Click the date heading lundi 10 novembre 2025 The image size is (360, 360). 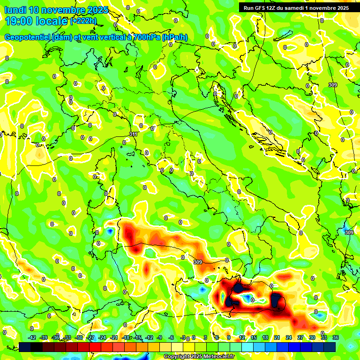pos(56,10)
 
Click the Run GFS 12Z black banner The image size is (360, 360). pos(296,7)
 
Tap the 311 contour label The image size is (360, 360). pos(134,135)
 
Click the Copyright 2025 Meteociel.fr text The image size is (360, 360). pos(199,357)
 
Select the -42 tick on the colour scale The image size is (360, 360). pos(32,337)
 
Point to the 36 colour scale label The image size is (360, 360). pos(336,337)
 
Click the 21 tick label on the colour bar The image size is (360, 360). pos(277,337)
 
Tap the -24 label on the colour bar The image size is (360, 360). pos(102,337)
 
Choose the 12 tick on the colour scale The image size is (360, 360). pos(242,337)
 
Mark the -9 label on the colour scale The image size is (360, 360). pos(159,337)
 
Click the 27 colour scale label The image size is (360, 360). pos(300,337)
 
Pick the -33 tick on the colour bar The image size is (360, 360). pos(67,337)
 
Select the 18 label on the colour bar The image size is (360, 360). pos(265,337)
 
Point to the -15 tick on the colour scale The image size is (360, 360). pos(137,337)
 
